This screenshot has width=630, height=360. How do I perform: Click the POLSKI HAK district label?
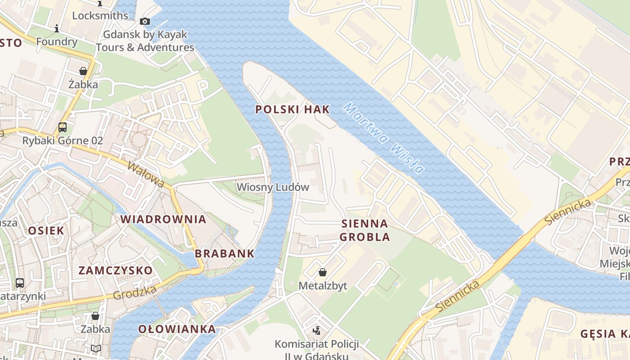292,109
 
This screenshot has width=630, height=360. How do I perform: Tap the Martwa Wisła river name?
383,138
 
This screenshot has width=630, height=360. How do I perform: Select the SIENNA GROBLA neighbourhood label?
364,230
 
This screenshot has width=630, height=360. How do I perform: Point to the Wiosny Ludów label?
273,187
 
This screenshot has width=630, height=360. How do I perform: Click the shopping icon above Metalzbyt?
323,272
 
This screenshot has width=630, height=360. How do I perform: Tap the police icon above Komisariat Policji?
317,331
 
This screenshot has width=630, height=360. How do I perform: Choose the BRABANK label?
225,253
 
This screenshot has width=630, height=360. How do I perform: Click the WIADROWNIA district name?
163,219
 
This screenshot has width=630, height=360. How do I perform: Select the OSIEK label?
46,230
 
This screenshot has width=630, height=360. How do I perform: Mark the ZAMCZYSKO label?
116,270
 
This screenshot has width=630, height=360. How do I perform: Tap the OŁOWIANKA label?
177,329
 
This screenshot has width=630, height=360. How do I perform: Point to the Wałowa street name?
146,174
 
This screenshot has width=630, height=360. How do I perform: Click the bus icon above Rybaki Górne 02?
63,127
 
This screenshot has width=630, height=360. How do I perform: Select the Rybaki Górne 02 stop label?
63,140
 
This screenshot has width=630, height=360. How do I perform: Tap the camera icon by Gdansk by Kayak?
144,21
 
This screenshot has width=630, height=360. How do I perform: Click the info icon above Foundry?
57,29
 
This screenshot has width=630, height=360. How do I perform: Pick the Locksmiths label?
100,15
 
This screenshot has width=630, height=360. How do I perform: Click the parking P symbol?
203,86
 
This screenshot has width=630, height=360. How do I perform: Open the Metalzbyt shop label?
323,286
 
